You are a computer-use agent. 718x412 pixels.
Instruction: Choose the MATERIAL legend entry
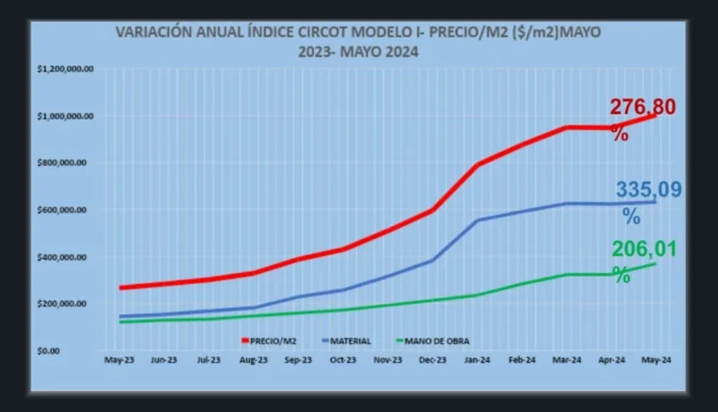(x=349, y=341)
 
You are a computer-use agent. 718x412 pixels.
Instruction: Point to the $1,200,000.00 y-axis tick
(x=66, y=69)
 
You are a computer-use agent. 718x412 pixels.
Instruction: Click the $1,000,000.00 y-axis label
(x=66, y=116)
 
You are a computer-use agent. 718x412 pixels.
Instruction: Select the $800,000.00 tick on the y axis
(x=70, y=163)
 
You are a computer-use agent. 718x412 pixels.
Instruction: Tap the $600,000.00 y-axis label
(x=70, y=210)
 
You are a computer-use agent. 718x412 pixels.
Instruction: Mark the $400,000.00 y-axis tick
(x=70, y=257)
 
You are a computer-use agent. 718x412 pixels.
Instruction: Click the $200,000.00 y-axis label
(x=70, y=304)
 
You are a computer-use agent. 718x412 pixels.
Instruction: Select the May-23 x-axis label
(x=117, y=360)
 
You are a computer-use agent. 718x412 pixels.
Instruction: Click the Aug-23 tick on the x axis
(x=253, y=360)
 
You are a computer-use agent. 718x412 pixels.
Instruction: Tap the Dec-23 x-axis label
(x=432, y=360)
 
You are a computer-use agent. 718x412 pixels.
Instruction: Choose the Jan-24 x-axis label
(x=477, y=360)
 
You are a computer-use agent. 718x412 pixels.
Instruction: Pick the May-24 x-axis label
(x=656, y=360)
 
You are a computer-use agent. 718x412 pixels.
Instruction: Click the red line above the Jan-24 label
(x=477, y=165)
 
